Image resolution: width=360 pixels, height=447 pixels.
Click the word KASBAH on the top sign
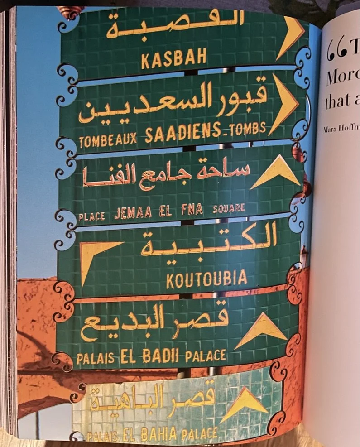174,58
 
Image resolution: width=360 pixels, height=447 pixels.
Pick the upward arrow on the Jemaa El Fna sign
276,172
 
